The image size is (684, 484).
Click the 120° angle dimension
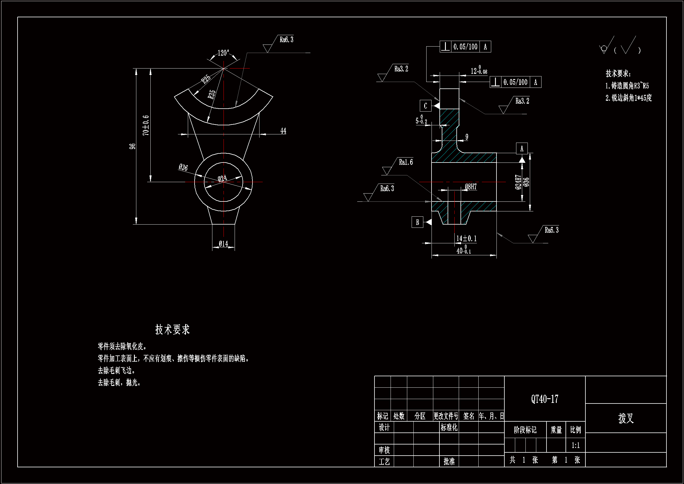[x=223, y=53]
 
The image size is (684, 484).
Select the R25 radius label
[x=206, y=79]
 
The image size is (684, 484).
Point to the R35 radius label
[x=212, y=94]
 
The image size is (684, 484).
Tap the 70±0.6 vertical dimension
[x=146, y=126]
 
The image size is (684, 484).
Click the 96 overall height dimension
[x=132, y=146]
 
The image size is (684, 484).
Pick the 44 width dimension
[x=283, y=131]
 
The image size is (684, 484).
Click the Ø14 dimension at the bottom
[x=224, y=244]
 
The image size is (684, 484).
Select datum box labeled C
[x=425, y=106]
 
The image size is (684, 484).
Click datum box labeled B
[x=417, y=222]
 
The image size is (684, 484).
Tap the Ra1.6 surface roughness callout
[x=406, y=162]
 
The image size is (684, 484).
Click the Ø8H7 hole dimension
[x=471, y=187]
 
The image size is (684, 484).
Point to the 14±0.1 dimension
[x=467, y=238]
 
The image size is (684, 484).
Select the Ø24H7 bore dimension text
[x=518, y=182]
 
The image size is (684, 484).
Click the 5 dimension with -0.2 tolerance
[x=421, y=120]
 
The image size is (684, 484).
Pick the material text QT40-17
[x=544, y=399]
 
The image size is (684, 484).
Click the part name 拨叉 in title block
[x=625, y=418]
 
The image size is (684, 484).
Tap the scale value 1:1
[x=575, y=445]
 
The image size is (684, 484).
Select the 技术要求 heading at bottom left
[x=172, y=329]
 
